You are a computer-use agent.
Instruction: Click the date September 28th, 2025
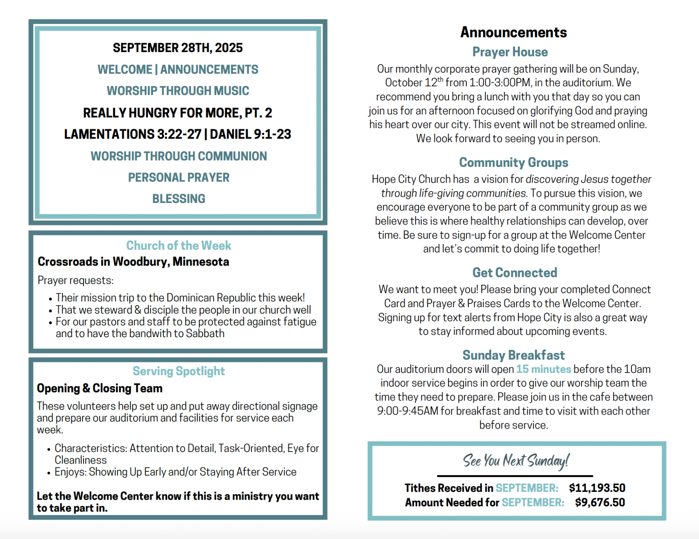177,48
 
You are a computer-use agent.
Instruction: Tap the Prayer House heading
510,52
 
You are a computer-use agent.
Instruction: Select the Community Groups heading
513,163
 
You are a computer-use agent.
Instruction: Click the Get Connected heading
515,273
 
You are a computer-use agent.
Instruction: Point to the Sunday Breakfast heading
513,355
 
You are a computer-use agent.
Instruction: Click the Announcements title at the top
513,32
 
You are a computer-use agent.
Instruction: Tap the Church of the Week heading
179,245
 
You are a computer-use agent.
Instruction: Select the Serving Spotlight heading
179,371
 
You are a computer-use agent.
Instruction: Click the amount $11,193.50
597,488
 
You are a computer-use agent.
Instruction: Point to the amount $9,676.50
600,502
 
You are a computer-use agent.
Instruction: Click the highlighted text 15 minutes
543,369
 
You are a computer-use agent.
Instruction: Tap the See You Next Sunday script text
516,461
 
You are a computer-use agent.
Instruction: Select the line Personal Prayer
179,177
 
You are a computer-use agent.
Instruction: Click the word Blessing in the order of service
179,199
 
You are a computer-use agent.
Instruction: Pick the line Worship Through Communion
179,156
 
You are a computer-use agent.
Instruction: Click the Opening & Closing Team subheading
99,388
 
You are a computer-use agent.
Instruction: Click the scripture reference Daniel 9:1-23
250,134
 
